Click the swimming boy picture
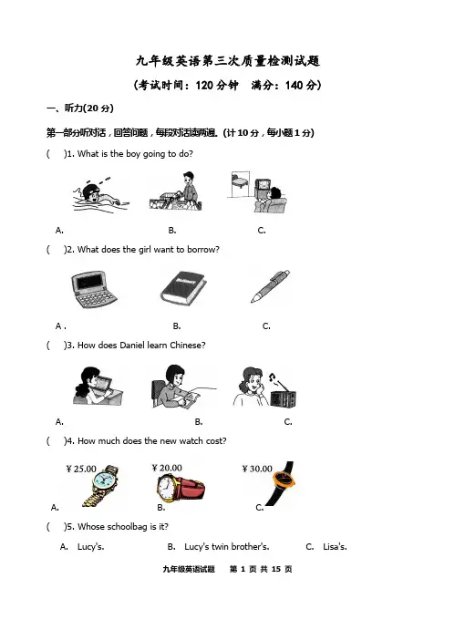(101, 194)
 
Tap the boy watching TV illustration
(258, 192)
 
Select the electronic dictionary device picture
(94, 289)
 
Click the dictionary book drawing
(183, 288)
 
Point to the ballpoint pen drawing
(270, 286)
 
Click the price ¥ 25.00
(81, 469)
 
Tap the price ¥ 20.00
(167, 468)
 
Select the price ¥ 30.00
(257, 469)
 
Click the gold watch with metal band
(102, 485)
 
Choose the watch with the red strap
(181, 487)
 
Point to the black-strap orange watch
(283, 483)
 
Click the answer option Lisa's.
(335, 547)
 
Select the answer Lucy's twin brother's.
(227, 547)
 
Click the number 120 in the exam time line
(204, 85)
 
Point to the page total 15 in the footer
(276, 569)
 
